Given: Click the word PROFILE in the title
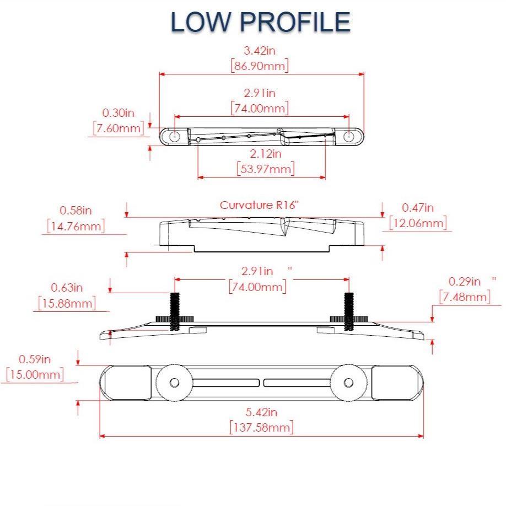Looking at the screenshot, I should pos(295,22).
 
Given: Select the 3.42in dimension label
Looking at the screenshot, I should pos(260,51).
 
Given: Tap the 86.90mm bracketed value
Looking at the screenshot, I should pos(260,66).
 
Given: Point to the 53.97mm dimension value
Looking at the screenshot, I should pos(265,168).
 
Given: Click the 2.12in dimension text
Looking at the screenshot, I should pos(266,153).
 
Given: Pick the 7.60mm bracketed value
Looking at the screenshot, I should pos(119,128).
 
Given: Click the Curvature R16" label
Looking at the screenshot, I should pos(259,206).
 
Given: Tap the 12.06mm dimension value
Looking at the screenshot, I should pos(417,223).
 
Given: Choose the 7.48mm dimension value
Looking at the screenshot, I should pos(464,297).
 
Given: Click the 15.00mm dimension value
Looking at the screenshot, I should pos(35,374).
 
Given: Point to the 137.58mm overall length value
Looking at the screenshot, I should pos(261,427).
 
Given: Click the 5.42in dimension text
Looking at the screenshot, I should pos(261,412).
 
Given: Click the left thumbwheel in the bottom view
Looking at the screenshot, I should pos(174,383).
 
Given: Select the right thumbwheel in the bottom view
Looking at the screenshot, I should pos(349,383).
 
